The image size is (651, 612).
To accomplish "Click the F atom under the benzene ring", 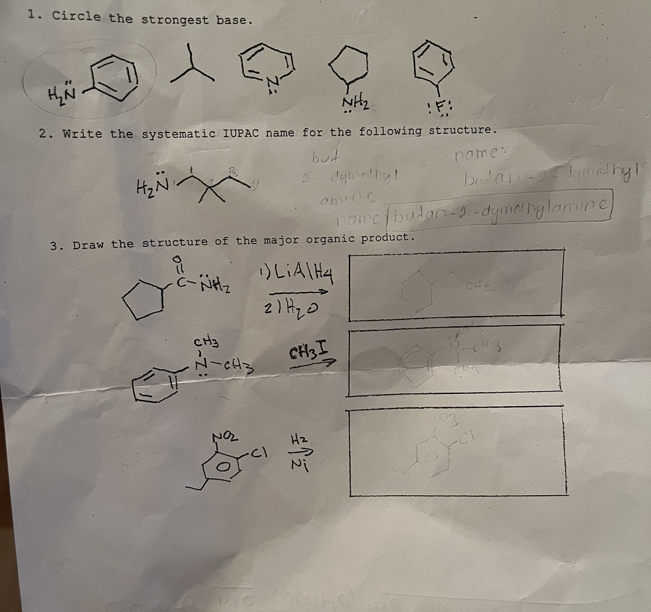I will [438, 106].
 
